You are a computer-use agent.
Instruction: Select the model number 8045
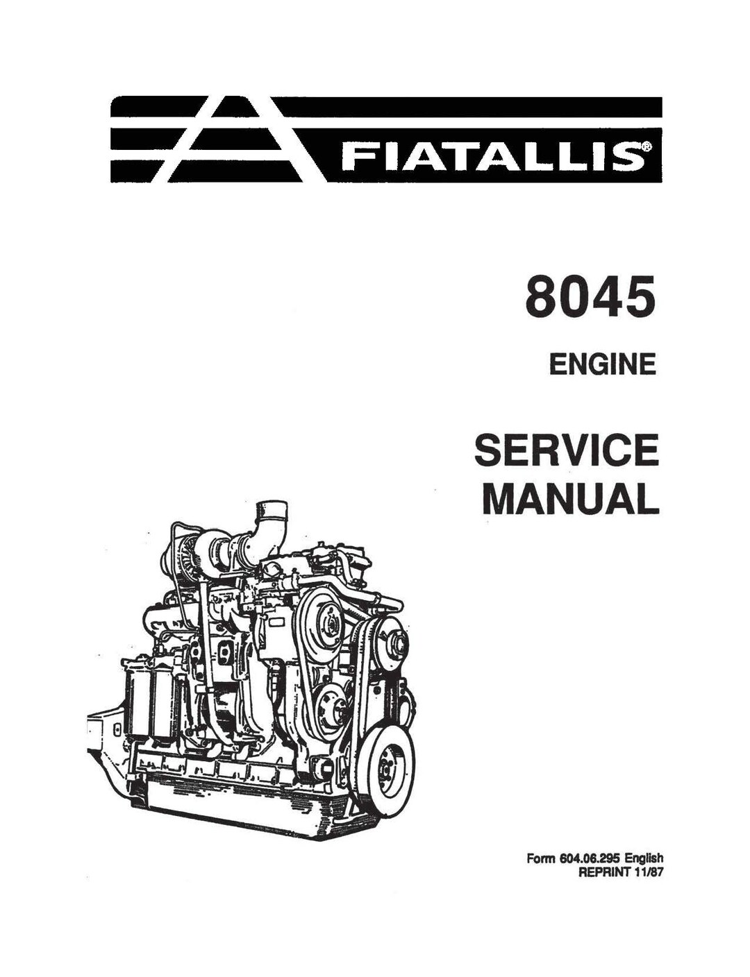pyautogui.click(x=590, y=297)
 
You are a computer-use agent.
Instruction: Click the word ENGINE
pyautogui.click(x=602, y=365)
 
